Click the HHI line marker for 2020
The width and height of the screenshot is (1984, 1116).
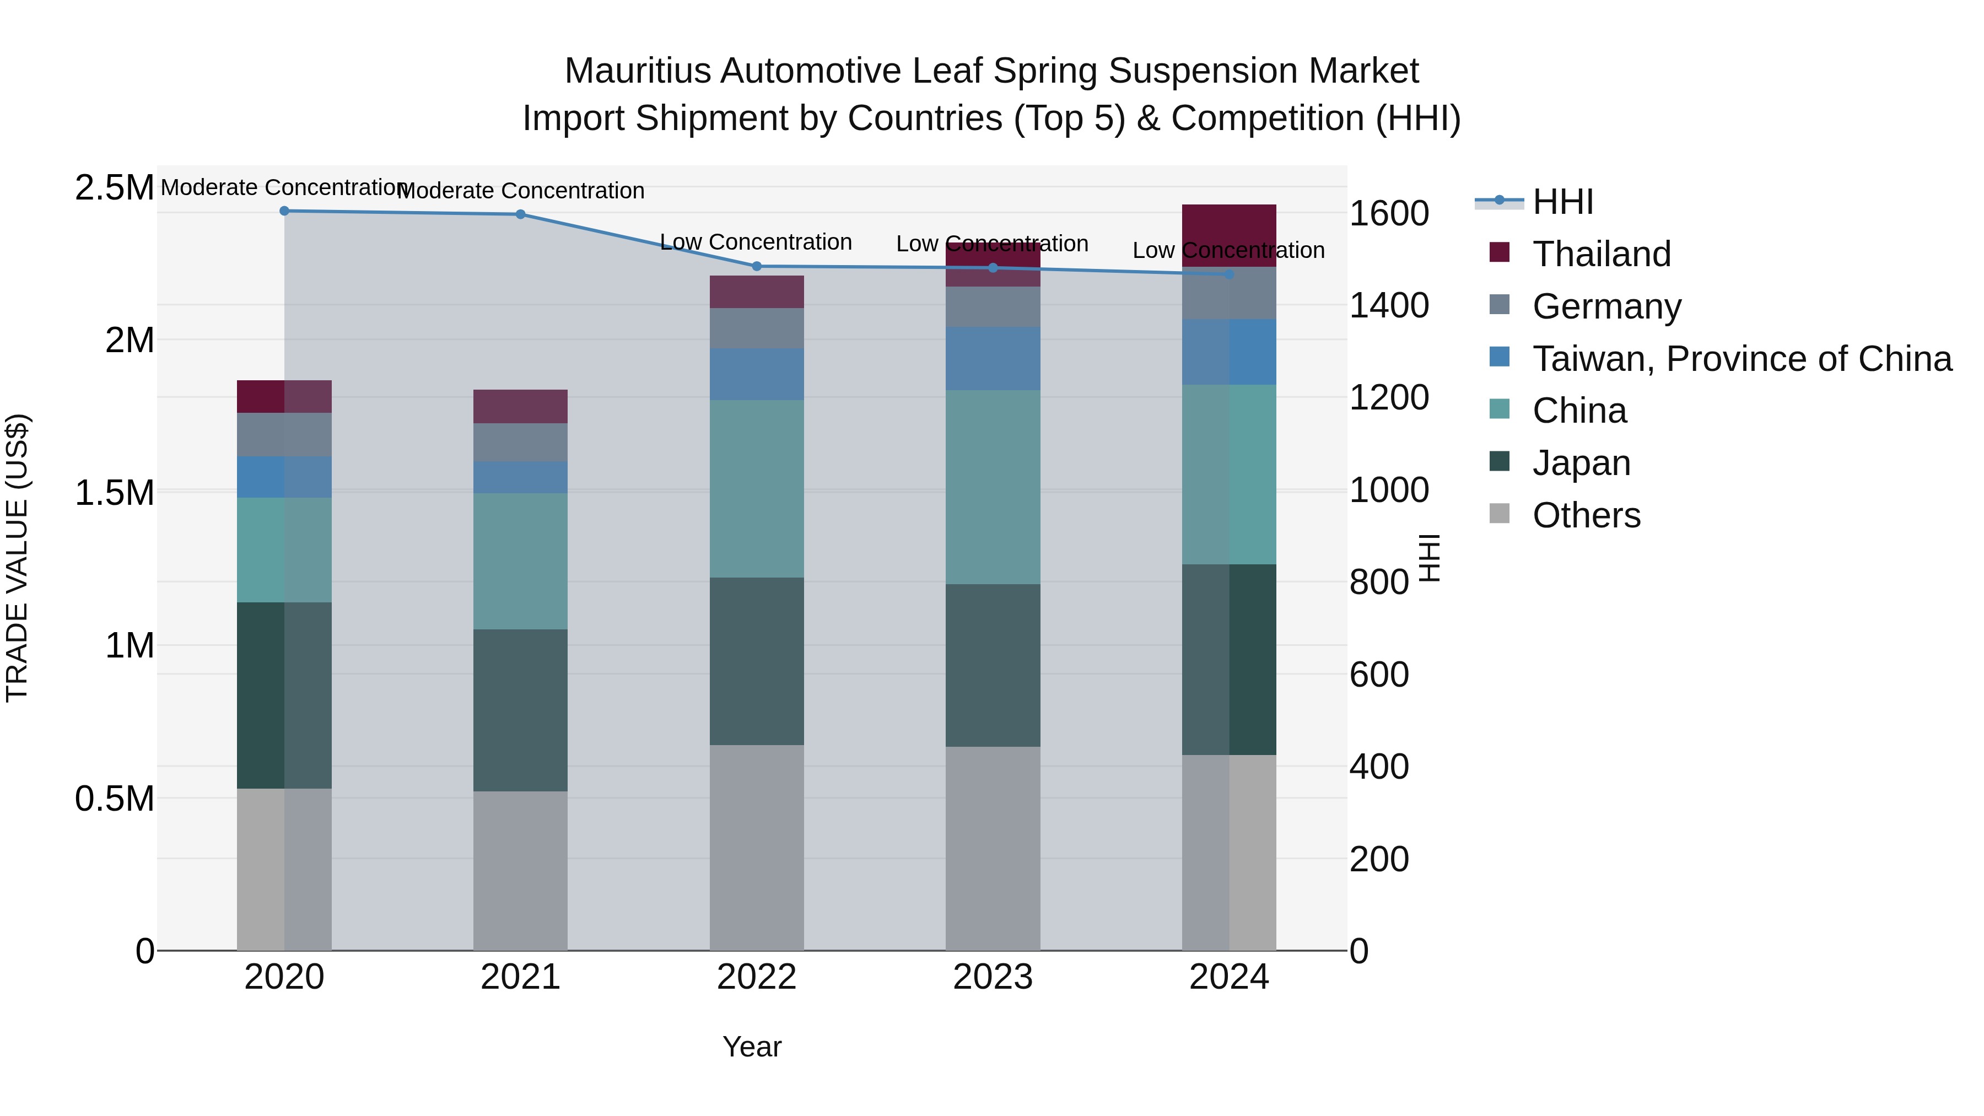284,211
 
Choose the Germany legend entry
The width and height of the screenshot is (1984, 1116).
1606,306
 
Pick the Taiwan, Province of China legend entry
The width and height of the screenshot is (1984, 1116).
1742,358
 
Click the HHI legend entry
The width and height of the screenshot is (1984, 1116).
1563,202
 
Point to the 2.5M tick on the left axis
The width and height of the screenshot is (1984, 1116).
114,188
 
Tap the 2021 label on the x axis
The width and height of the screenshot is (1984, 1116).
521,977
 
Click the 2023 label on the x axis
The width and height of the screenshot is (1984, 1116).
993,977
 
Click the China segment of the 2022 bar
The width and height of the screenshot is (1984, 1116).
756,488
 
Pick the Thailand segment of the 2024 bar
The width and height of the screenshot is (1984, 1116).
1229,236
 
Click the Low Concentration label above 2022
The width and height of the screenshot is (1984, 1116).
756,242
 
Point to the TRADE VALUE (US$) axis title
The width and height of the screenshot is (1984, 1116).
17,558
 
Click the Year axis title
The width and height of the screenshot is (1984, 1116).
752,1047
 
